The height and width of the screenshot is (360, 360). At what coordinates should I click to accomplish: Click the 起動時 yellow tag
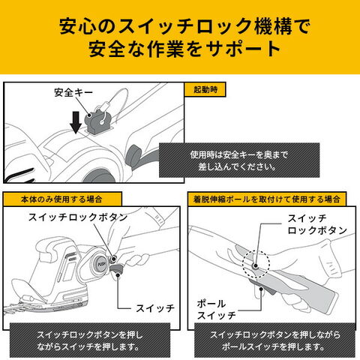(x=205, y=89)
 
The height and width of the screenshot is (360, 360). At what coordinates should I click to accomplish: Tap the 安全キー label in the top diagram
(x=73, y=93)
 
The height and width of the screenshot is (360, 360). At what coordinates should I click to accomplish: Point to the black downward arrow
(x=76, y=122)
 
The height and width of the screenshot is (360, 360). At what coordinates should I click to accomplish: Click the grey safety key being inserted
(x=96, y=121)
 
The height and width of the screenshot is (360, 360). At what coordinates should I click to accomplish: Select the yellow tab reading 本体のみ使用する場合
(x=62, y=199)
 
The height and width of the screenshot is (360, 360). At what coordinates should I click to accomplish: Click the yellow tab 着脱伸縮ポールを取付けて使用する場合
(x=267, y=199)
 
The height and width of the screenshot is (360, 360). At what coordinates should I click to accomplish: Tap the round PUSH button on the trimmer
(x=100, y=264)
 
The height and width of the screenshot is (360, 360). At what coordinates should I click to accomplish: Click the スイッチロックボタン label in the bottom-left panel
(x=78, y=217)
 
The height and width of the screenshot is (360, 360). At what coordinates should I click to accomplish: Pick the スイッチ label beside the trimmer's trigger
(x=155, y=308)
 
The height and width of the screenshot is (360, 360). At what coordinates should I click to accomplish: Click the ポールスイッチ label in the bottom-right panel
(x=217, y=310)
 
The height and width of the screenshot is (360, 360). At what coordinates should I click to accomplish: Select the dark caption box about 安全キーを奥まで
(x=239, y=160)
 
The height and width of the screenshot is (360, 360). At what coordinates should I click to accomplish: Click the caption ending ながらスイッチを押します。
(x=90, y=340)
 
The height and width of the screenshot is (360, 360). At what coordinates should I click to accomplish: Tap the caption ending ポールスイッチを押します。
(x=274, y=340)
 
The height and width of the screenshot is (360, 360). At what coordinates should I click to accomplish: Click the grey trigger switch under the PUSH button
(x=117, y=270)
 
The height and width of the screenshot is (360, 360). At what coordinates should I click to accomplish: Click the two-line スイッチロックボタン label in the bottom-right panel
(x=317, y=224)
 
